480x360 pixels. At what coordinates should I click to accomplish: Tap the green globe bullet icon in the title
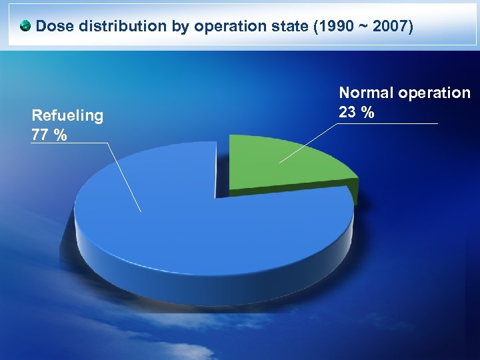click(x=25, y=27)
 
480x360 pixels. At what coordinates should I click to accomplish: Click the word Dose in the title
click(x=55, y=27)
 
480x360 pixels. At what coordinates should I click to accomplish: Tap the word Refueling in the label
click(x=67, y=116)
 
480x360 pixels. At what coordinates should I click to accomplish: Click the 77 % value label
click(x=49, y=135)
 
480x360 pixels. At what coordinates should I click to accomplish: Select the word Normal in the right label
click(x=366, y=93)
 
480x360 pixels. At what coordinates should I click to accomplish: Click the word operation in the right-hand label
click(x=435, y=93)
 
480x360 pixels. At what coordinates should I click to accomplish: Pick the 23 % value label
click(x=356, y=113)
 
